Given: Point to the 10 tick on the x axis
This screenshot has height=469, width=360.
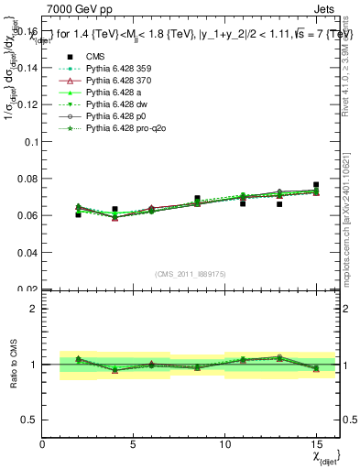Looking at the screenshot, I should (224, 444).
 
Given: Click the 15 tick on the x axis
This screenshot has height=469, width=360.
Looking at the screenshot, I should (315, 444).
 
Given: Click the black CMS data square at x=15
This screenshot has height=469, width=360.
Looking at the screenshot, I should (316, 185).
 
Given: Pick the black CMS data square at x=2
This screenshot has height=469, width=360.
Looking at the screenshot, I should (78, 214).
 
